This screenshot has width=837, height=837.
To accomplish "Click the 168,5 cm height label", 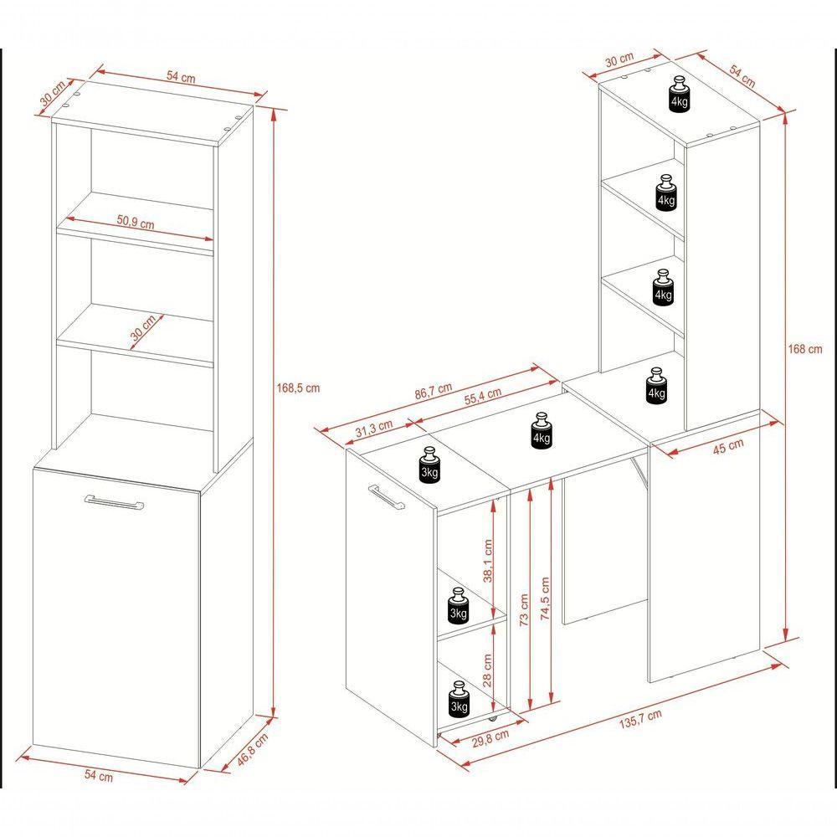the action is (298, 388).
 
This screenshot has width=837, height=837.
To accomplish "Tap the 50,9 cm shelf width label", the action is (136, 222).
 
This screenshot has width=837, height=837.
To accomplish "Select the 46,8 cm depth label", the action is (253, 750).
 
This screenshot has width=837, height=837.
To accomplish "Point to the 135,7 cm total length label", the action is (640, 719).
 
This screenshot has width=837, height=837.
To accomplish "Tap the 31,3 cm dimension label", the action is (373, 428).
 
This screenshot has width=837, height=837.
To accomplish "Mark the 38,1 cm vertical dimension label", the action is (487, 561).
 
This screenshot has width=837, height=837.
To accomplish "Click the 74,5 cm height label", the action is (545, 598).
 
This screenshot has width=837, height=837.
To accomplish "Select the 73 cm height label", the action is (524, 609).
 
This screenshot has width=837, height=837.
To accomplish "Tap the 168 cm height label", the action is (805, 349).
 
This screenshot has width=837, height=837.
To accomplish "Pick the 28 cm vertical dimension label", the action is (487, 670).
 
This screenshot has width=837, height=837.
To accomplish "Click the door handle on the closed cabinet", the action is (114, 502).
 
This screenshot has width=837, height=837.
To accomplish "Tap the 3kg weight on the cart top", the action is (429, 465).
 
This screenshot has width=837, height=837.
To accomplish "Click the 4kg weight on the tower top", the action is (679, 94).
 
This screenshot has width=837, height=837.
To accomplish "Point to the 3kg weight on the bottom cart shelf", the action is (459, 698).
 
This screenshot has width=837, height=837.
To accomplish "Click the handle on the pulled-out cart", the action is (385, 497).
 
